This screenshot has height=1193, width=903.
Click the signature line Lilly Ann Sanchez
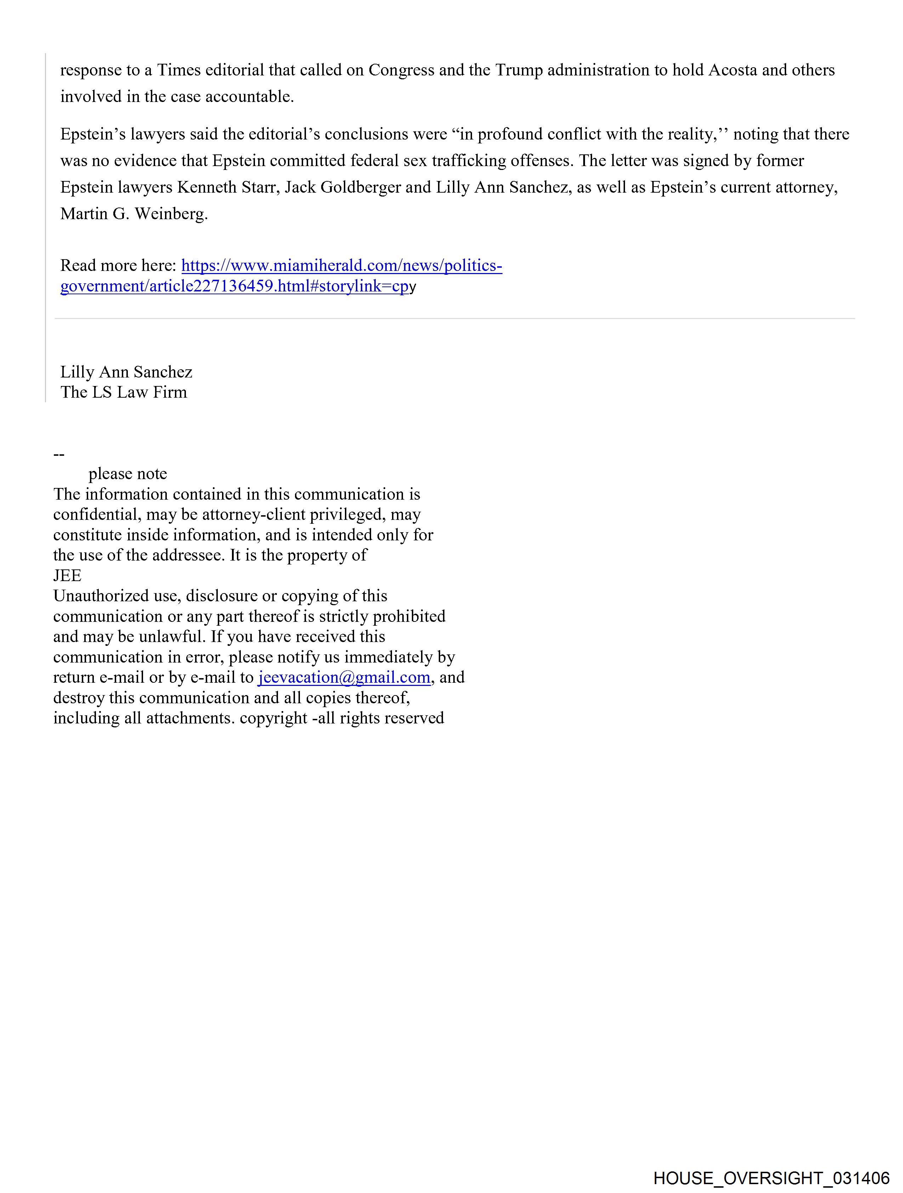coord(126,372)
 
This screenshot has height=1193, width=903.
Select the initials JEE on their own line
coord(67,575)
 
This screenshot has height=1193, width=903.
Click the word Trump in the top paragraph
coord(518,70)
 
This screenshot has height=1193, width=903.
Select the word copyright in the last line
coord(273,718)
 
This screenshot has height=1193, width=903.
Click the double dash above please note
coord(59,454)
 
